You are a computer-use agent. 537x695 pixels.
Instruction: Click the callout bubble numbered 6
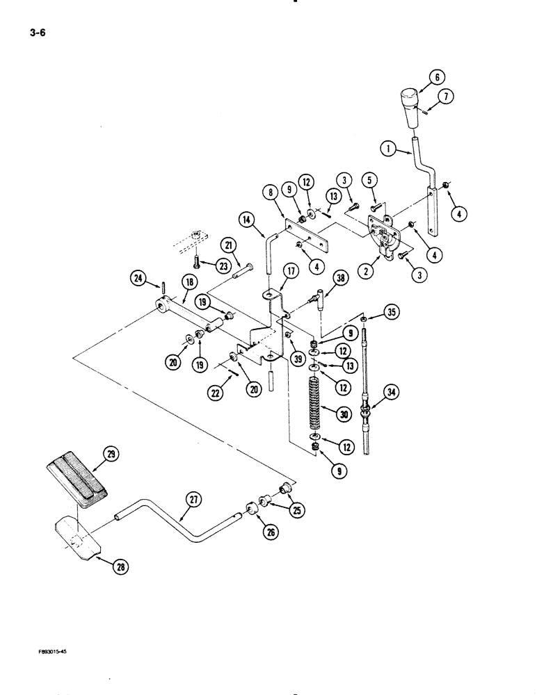coord(440,78)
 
